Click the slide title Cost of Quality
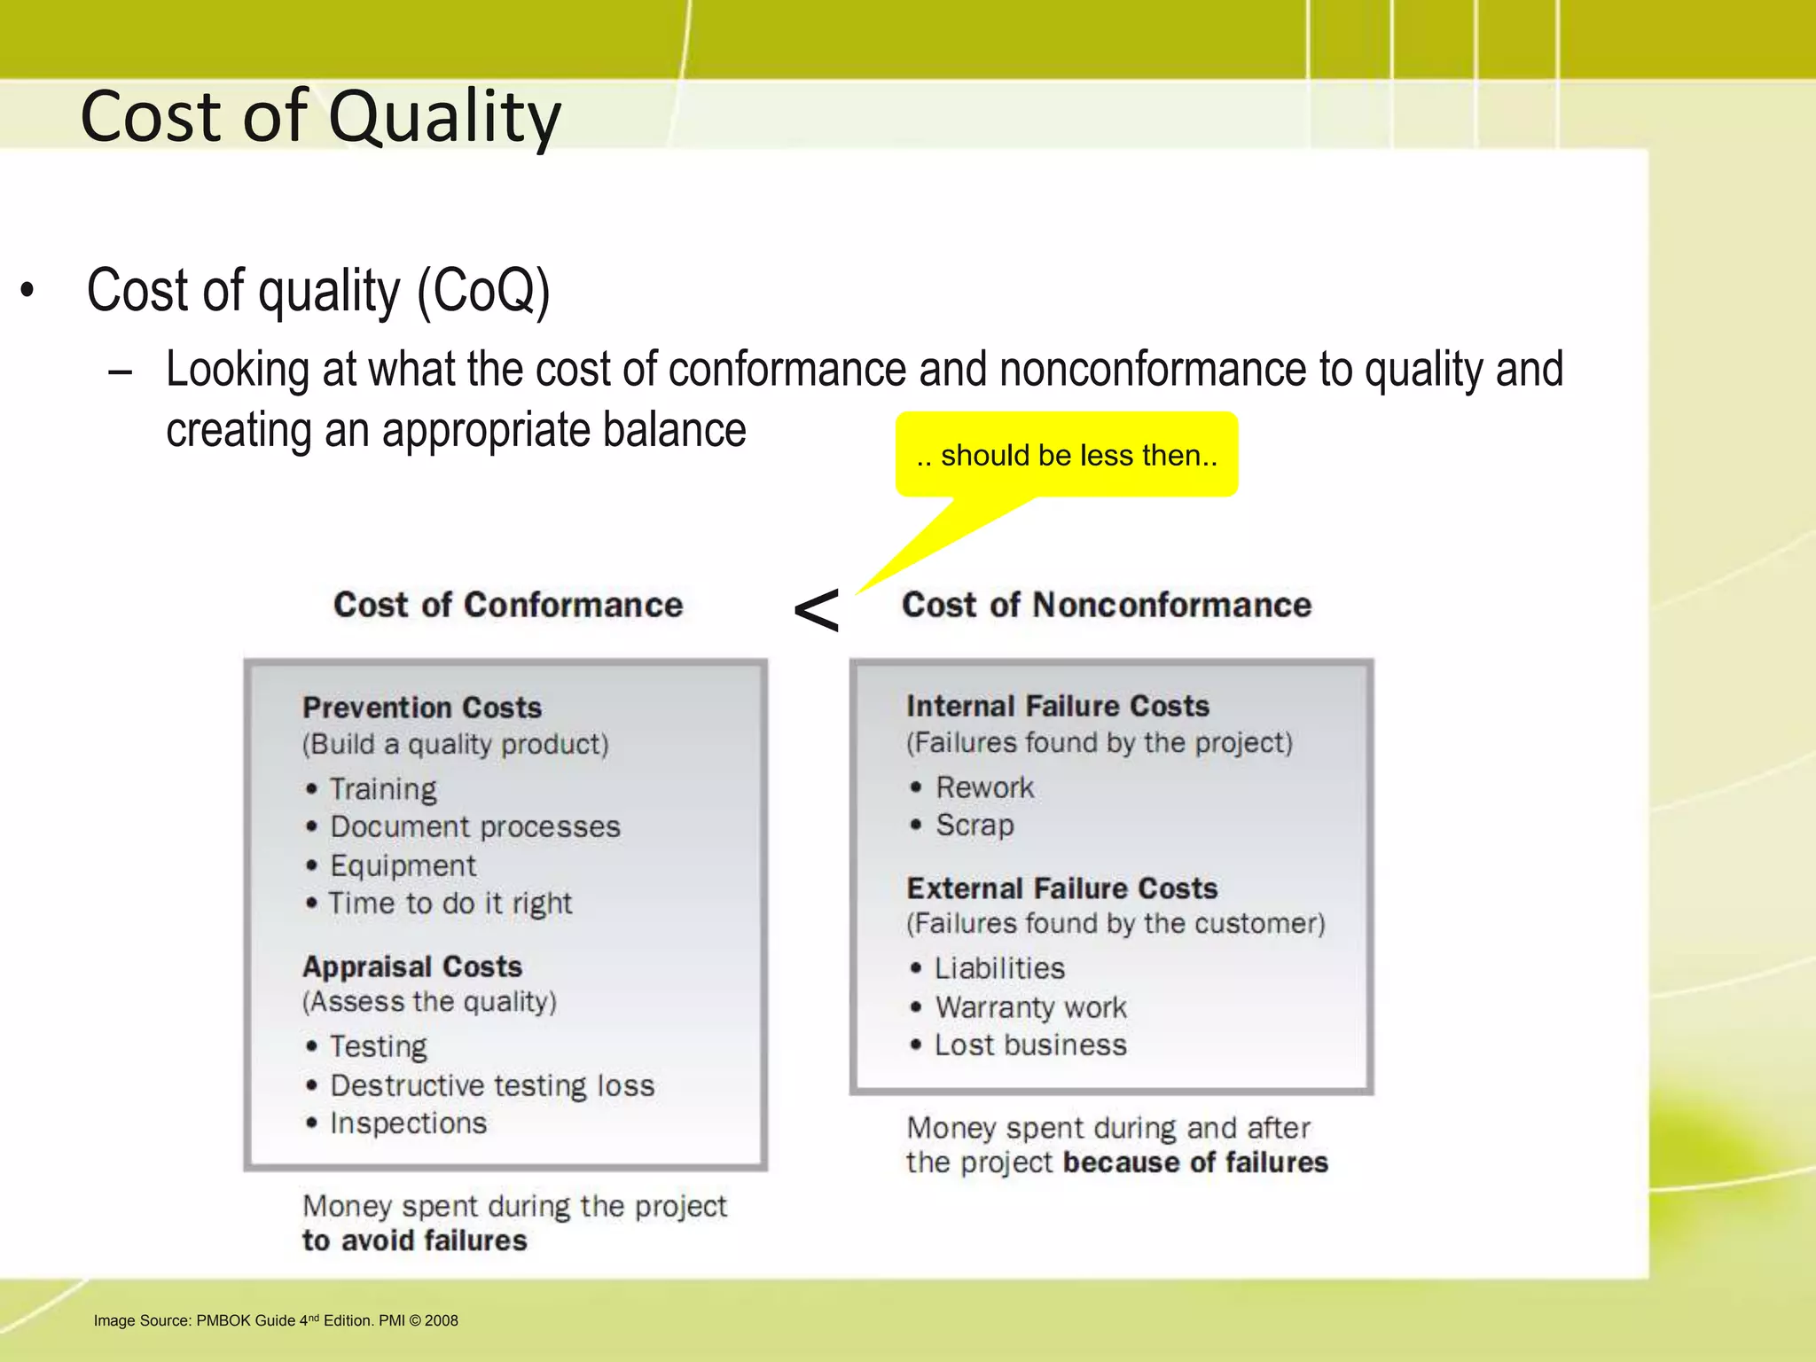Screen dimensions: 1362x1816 320,116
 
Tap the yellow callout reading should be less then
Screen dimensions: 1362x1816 1067,455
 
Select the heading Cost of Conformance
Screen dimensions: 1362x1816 508,605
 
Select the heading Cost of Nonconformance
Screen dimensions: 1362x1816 1106,605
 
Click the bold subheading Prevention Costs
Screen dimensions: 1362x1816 422,708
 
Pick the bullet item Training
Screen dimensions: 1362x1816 383,789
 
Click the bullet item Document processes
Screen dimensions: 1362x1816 474,826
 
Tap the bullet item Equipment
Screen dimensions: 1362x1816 403,865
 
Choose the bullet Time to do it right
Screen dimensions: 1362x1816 450,904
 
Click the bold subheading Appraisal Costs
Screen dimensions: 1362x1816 412,967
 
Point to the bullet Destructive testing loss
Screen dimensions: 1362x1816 492,1085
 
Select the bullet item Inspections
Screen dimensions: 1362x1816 408,1123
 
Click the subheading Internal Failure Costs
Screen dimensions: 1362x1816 1057,706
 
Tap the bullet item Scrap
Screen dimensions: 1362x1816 975,826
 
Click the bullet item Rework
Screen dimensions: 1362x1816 984,787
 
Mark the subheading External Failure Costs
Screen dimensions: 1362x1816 1061,888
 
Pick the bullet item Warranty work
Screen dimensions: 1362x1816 1030,1007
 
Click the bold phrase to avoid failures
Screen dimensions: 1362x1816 414,1241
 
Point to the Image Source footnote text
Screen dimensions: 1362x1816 276,1320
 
